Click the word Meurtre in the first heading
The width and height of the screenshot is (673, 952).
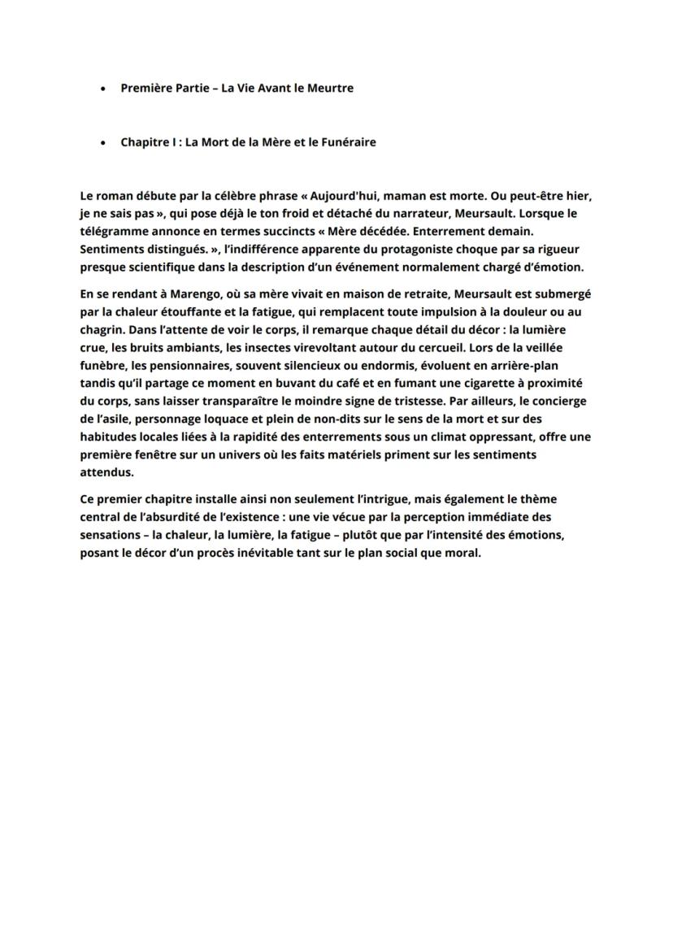click(331, 88)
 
